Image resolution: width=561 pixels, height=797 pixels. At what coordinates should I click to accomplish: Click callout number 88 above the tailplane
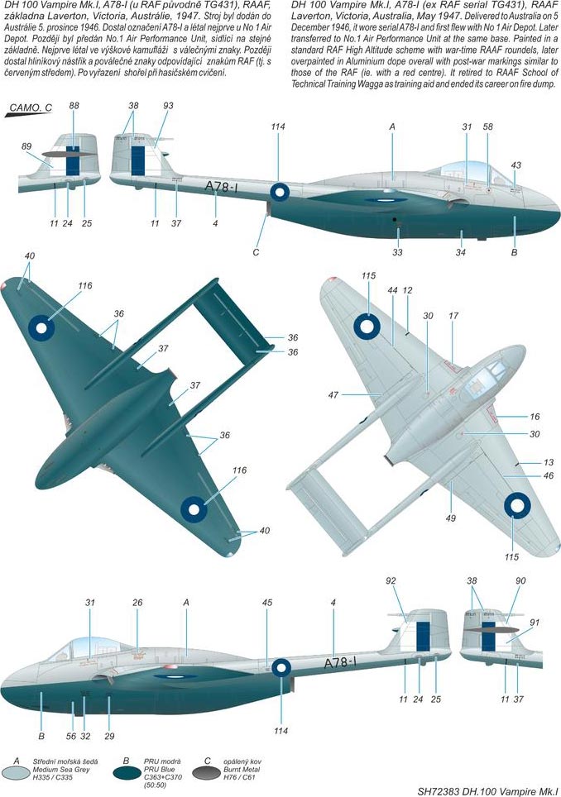[74, 106]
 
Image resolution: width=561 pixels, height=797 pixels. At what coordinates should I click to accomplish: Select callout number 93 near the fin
[168, 106]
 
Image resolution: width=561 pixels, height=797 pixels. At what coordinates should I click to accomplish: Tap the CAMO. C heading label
[31, 107]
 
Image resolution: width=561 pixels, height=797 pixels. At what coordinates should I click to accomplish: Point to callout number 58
[487, 126]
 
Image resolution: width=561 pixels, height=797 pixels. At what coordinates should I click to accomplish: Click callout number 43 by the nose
[515, 165]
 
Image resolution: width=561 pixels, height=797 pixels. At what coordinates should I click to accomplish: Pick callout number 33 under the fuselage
[397, 252]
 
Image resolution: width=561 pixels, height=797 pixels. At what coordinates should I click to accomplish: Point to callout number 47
[333, 394]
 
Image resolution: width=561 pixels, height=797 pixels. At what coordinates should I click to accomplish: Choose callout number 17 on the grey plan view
[453, 316]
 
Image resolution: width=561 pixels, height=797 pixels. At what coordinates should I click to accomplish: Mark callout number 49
[451, 518]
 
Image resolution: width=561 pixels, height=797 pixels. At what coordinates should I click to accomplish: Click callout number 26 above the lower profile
[137, 603]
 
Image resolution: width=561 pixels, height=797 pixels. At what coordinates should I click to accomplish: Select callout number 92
[391, 580]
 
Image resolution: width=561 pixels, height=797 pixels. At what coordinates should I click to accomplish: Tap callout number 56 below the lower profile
[71, 736]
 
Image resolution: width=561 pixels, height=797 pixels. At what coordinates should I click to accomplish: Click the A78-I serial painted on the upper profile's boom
[222, 187]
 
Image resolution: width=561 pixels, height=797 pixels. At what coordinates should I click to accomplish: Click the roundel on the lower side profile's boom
[281, 668]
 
